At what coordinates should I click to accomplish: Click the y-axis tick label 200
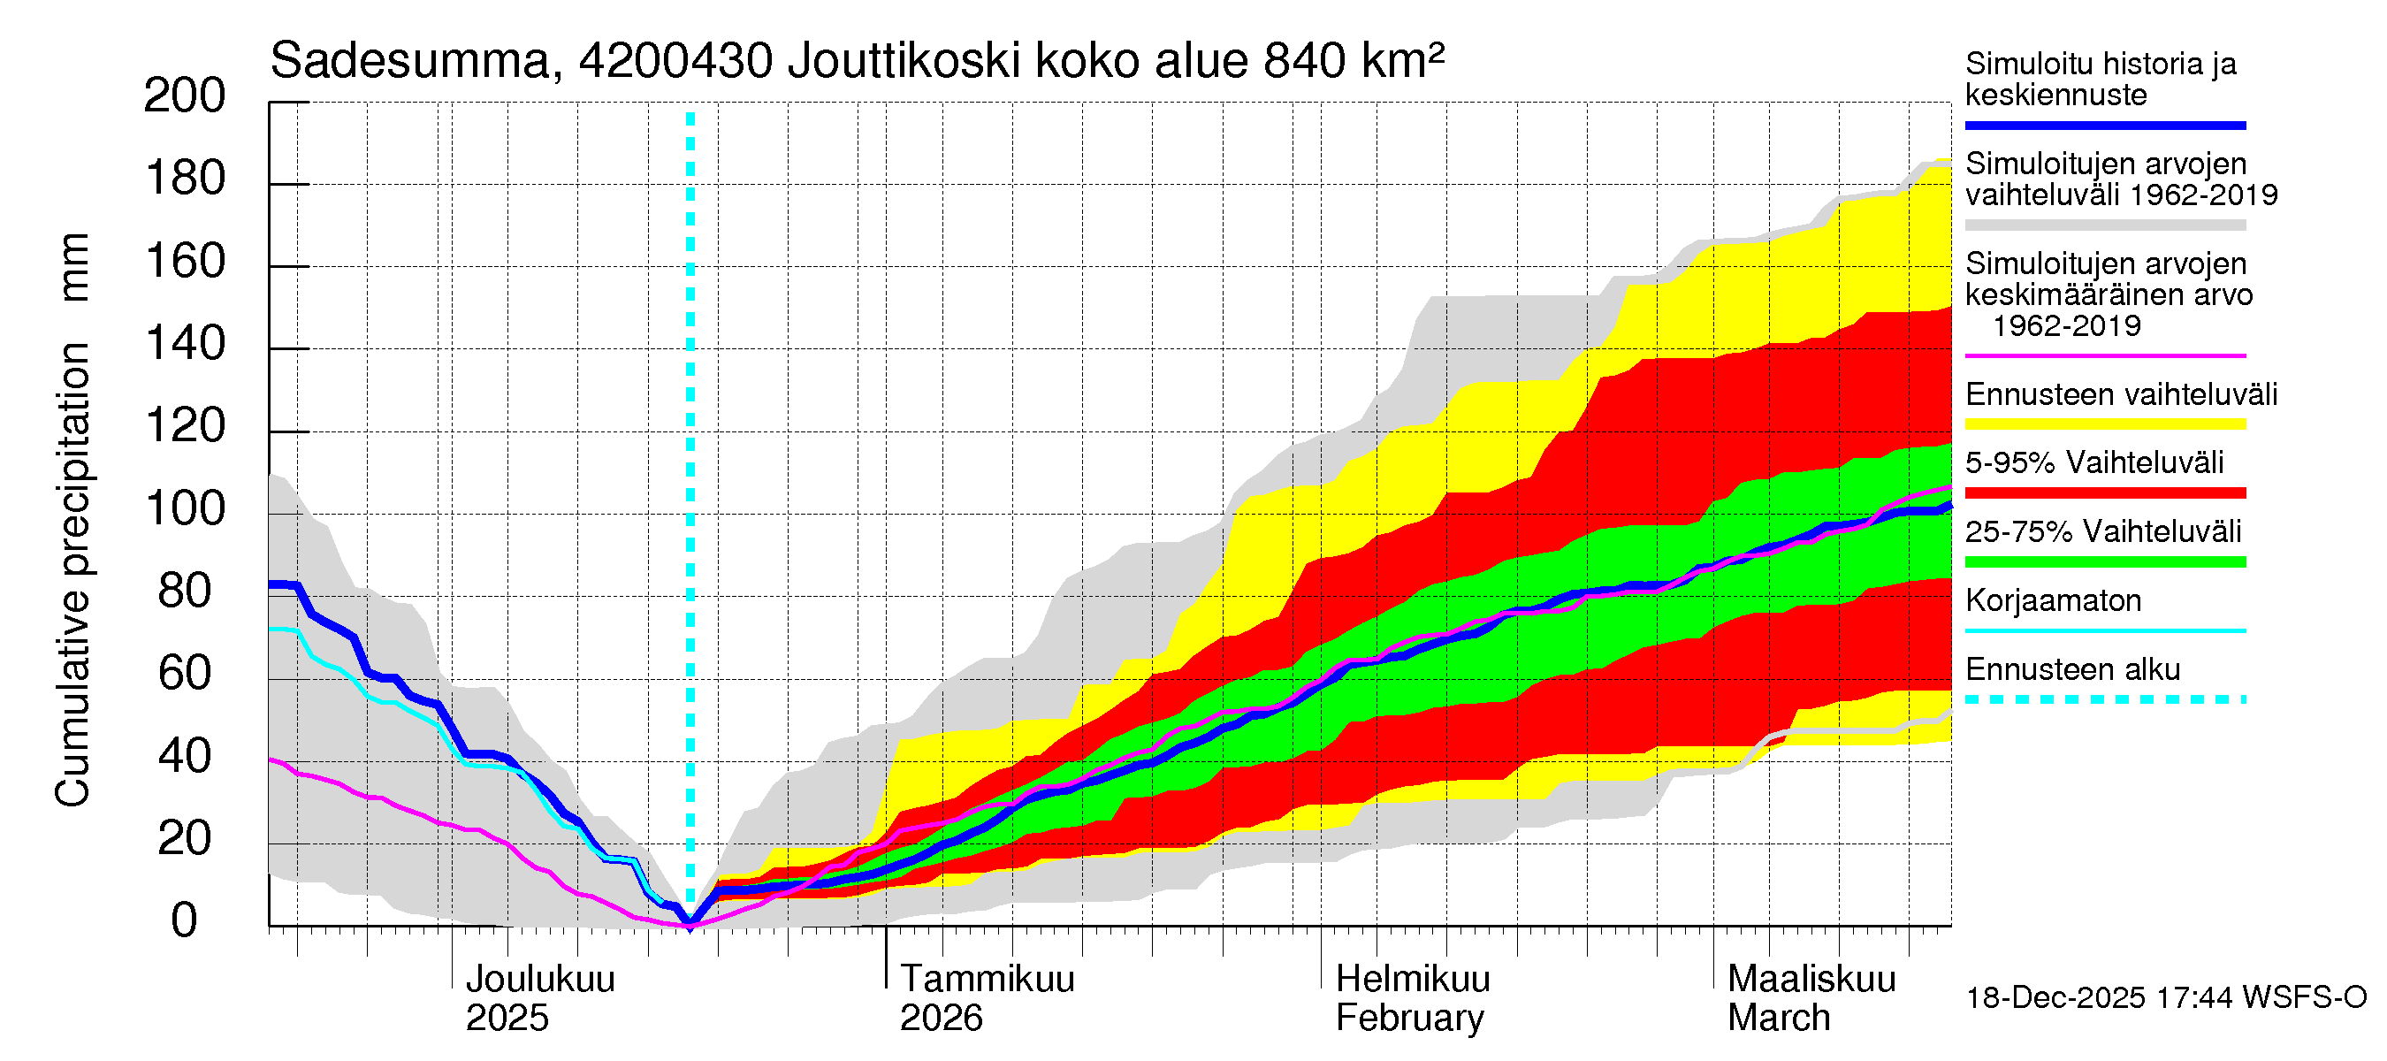click(x=185, y=96)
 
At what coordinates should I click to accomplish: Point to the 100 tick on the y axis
click(x=185, y=508)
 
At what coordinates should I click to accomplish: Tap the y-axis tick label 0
click(x=185, y=921)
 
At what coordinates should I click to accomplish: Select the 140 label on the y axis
click(x=185, y=344)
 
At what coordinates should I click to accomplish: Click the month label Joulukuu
click(x=540, y=980)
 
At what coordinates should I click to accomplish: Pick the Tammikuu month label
click(x=987, y=980)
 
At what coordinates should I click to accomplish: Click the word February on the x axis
click(x=1409, y=1019)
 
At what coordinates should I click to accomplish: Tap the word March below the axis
click(x=1778, y=1019)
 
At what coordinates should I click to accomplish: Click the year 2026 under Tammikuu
click(x=941, y=1019)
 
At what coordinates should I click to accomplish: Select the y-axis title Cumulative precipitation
click(x=72, y=575)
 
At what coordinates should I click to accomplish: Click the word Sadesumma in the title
click(x=410, y=61)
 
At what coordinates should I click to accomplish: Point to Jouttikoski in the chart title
click(x=904, y=61)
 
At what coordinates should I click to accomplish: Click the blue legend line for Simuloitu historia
click(x=2104, y=125)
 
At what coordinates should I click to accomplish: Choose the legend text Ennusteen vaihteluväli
click(x=2121, y=394)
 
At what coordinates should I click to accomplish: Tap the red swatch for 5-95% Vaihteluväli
click(x=2104, y=493)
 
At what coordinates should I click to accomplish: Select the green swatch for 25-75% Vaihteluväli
click(x=2104, y=561)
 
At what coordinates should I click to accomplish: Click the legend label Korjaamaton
click(x=2053, y=600)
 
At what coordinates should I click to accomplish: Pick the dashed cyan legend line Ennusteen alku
click(x=2104, y=699)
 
